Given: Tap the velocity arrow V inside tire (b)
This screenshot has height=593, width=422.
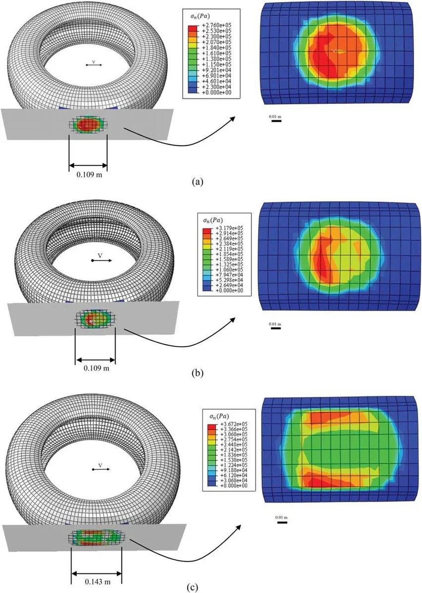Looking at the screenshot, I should coord(101,259).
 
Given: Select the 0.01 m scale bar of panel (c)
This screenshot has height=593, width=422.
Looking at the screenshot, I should coord(281,521).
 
